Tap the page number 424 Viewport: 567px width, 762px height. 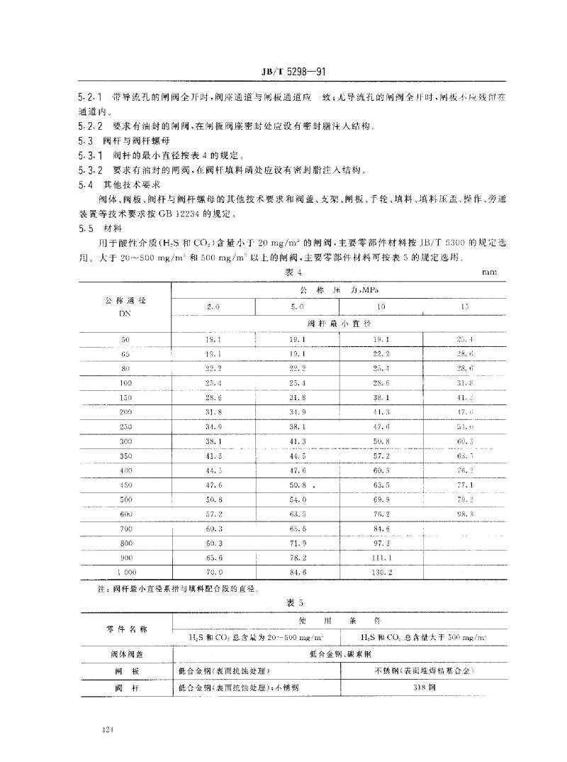coord(108,728)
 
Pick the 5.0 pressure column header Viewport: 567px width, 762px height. coord(298,307)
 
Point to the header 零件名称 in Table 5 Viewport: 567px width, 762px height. coord(125,628)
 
